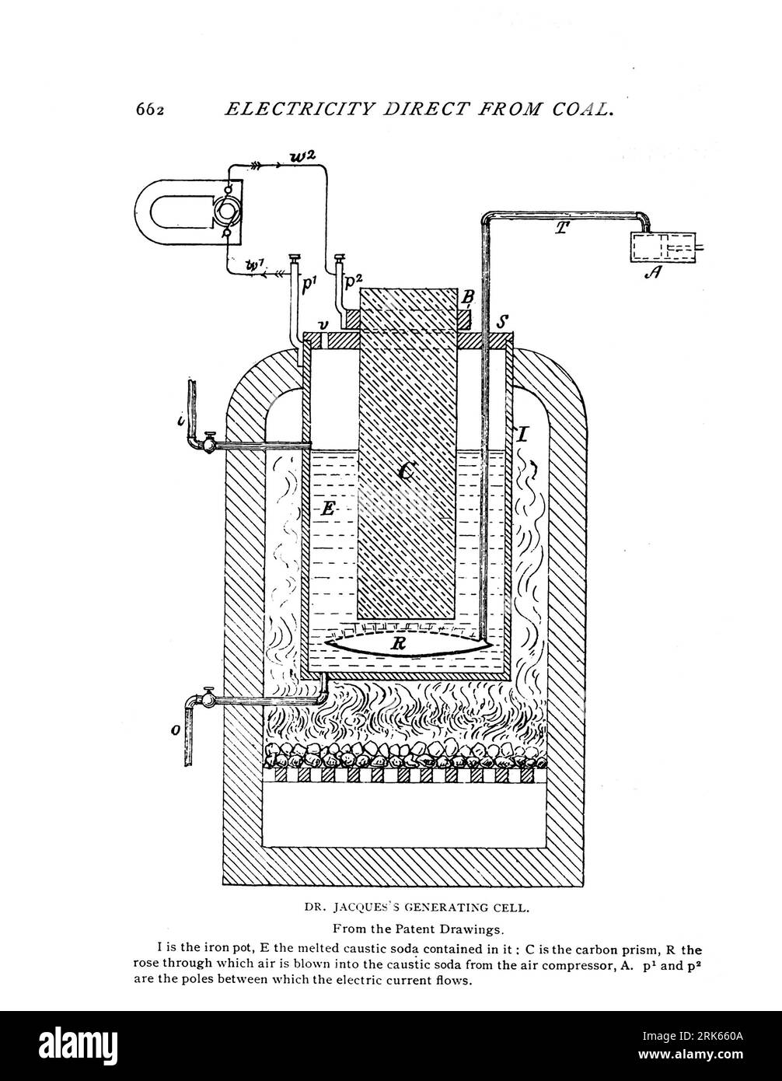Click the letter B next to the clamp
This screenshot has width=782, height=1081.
click(468, 296)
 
